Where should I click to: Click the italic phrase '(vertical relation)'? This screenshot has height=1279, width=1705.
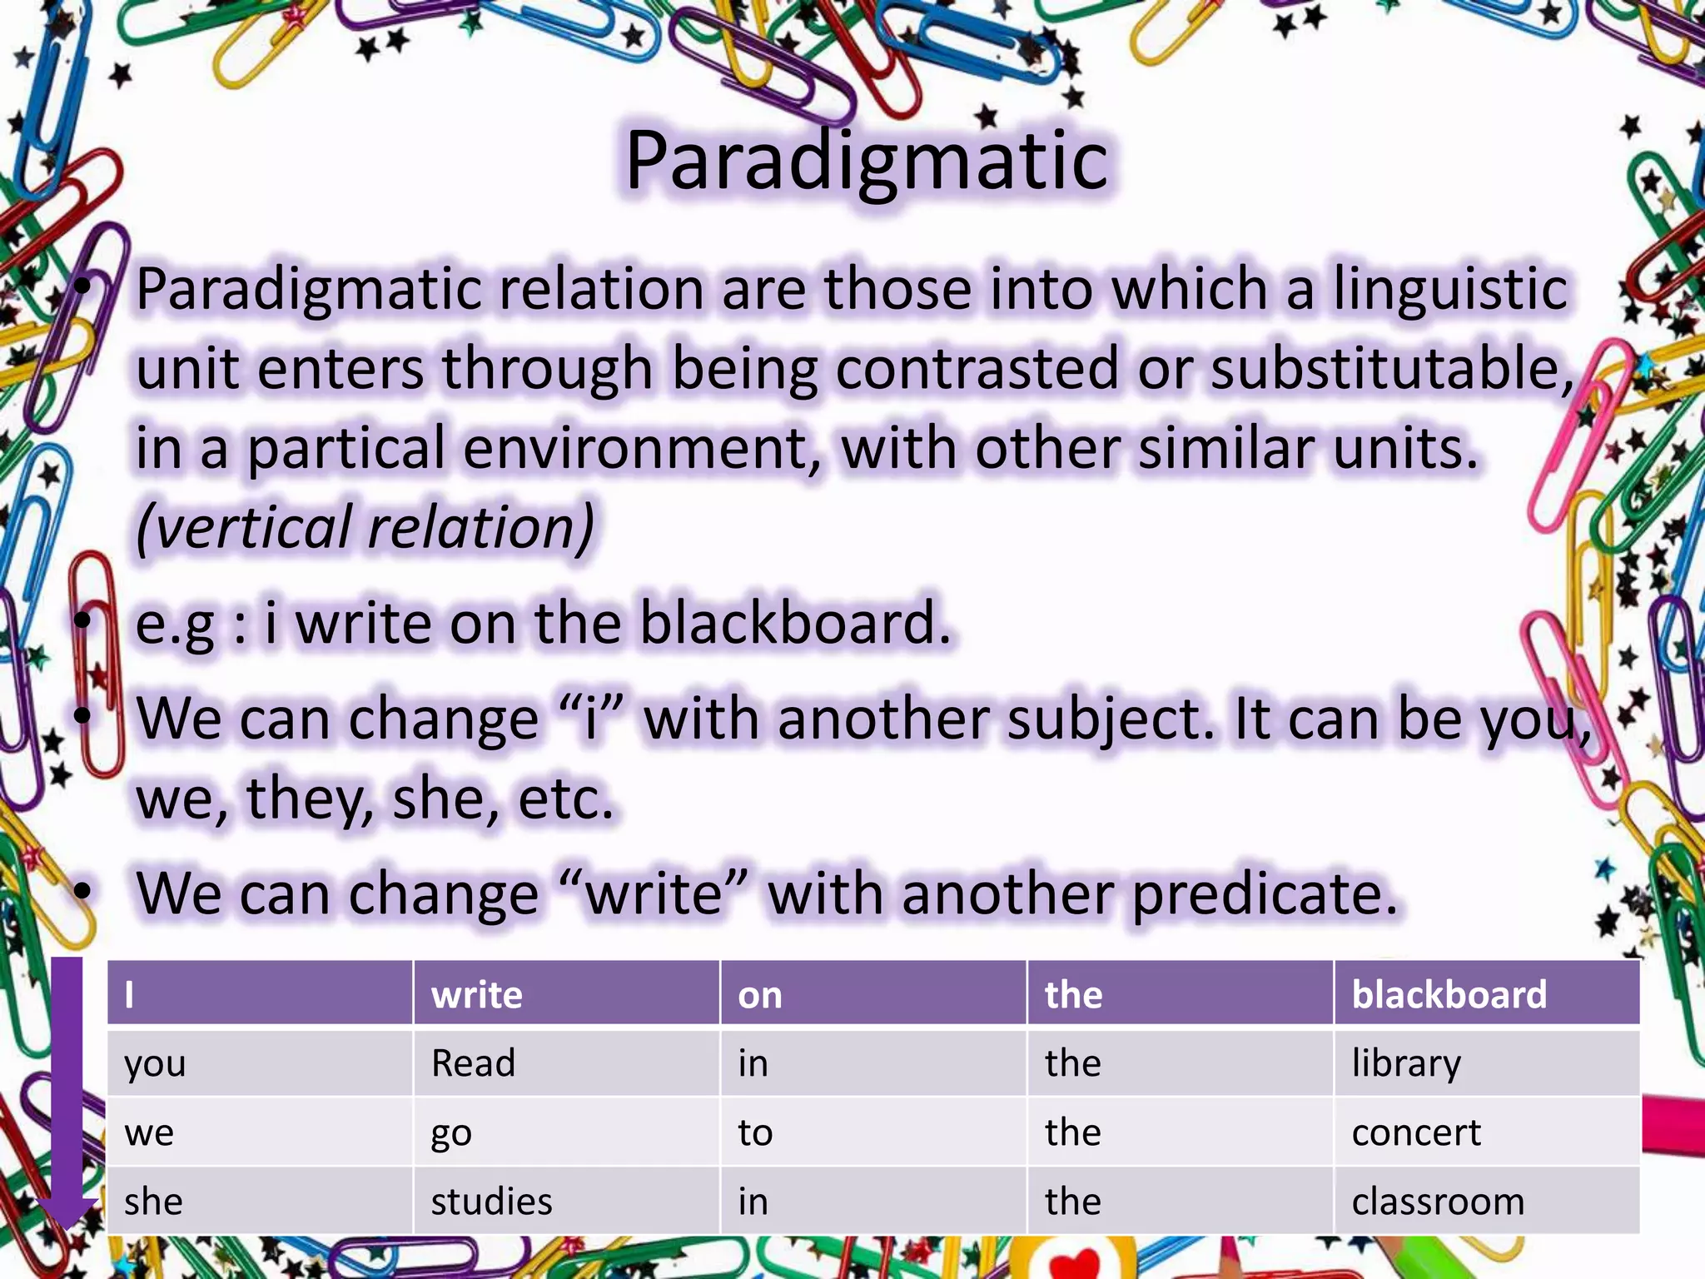365,527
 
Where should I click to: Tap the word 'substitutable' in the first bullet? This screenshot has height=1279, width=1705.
1390,368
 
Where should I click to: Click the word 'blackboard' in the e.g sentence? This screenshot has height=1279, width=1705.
795,623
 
